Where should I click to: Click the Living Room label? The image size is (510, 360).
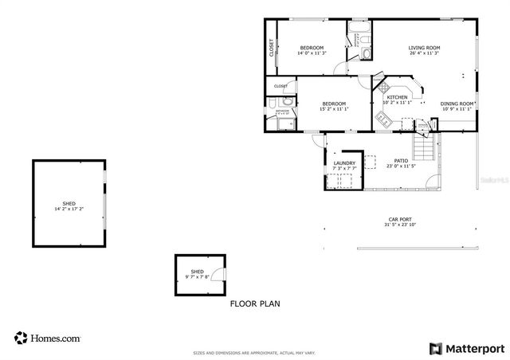click(x=424, y=48)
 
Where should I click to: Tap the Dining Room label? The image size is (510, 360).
click(x=457, y=104)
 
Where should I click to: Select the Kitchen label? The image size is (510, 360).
click(x=397, y=97)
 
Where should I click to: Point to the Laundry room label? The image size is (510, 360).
click(x=344, y=163)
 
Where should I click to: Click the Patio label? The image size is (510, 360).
click(x=401, y=161)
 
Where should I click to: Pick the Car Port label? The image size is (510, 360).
click(x=400, y=219)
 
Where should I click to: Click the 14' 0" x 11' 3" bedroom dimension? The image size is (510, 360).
click(x=312, y=53)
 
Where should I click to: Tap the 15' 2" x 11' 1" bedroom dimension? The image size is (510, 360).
click(x=334, y=109)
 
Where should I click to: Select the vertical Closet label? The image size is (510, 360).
click(x=272, y=49)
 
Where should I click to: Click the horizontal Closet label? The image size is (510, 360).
click(x=280, y=86)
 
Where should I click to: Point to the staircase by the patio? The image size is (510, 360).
click(x=426, y=147)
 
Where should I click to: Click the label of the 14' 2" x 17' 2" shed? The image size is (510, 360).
click(x=69, y=204)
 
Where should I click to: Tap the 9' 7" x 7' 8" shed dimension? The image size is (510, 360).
click(x=197, y=277)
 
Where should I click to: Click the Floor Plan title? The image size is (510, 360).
click(x=255, y=303)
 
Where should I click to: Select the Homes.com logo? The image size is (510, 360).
click(x=47, y=338)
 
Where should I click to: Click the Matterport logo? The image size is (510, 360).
click(x=467, y=348)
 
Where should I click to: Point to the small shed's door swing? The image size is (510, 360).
click(x=220, y=274)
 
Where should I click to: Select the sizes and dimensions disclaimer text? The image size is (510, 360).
click(x=255, y=353)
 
